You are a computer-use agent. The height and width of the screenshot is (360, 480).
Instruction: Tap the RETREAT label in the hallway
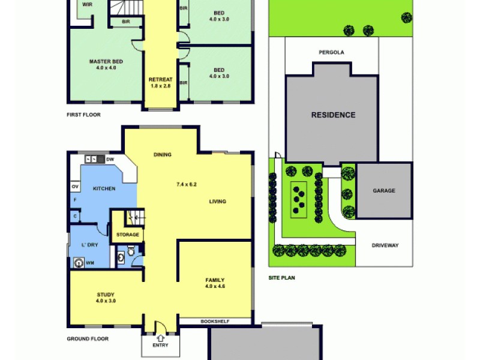[161, 80]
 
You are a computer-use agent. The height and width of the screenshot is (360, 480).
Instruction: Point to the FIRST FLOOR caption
[83, 114]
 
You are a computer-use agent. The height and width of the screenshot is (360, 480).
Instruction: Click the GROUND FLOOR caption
[88, 339]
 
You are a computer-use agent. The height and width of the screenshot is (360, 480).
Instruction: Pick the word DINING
[162, 155]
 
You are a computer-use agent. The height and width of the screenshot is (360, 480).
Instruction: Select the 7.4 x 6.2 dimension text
[187, 184]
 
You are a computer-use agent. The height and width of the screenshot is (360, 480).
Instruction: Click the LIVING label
[217, 202]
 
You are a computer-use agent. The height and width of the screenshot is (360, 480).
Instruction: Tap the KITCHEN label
[104, 189]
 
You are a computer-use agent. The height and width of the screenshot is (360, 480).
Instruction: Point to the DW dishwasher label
[110, 160]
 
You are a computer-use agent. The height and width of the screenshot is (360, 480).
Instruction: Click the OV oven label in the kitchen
[75, 186]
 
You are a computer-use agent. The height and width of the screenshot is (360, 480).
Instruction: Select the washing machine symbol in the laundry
[78, 262]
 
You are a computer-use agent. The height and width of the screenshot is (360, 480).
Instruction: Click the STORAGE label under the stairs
[127, 235]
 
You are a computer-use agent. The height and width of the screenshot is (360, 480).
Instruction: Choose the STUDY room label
[105, 295]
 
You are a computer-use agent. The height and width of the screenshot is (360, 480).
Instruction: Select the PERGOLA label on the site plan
[331, 52]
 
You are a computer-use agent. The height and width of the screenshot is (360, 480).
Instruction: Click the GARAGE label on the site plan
[384, 191]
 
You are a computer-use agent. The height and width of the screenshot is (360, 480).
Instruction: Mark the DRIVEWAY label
[384, 245]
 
